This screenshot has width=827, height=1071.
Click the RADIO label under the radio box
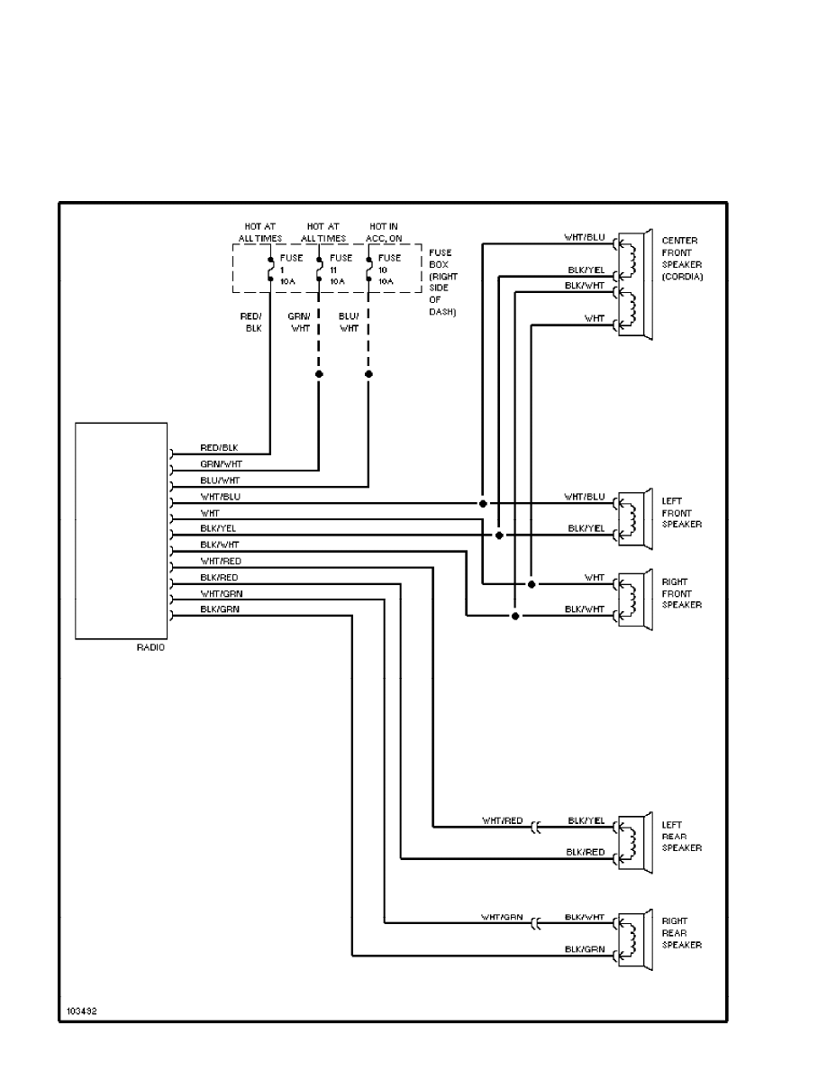point(151,648)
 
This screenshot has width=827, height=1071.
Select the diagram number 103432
point(81,1011)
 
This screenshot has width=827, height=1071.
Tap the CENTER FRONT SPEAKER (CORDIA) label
point(681,259)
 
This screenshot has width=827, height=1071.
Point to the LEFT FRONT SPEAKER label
point(682,513)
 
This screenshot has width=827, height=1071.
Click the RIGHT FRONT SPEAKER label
point(682,593)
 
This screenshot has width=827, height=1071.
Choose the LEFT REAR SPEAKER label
point(682,837)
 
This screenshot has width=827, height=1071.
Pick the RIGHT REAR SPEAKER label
point(682,933)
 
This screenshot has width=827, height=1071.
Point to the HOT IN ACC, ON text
point(385,232)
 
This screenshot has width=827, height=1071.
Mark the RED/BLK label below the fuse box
point(252,323)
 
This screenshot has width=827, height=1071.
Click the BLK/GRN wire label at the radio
point(220,610)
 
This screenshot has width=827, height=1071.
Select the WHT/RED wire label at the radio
point(220,562)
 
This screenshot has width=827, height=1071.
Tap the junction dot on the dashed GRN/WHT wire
point(319,372)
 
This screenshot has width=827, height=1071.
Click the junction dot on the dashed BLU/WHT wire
point(368,372)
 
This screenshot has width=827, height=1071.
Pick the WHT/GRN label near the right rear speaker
point(501,917)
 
